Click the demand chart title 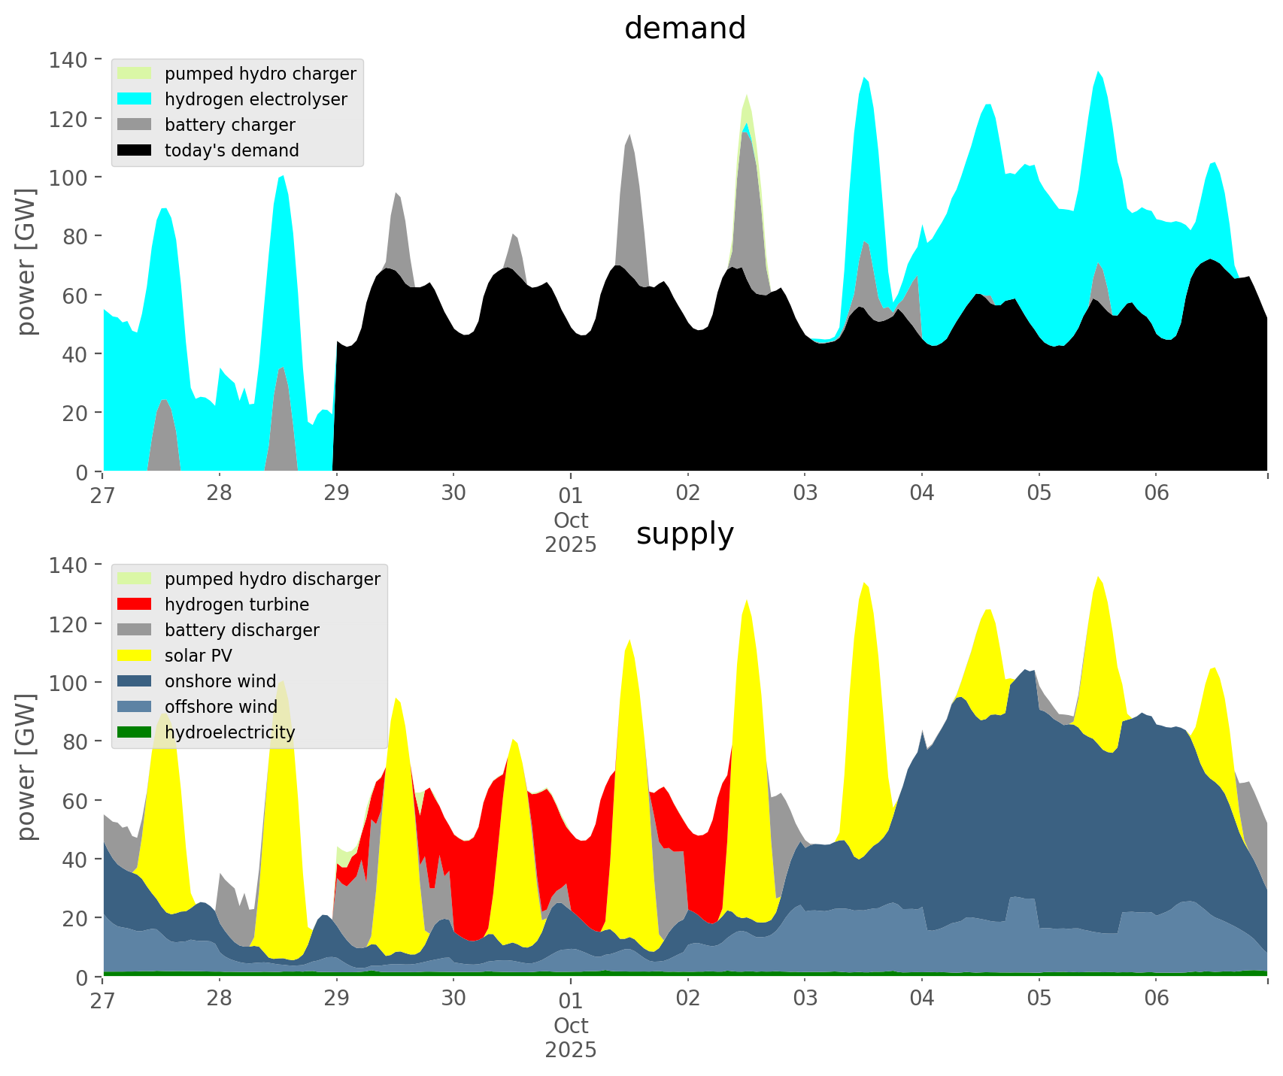(684, 29)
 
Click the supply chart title (684, 534)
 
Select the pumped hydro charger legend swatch (135, 74)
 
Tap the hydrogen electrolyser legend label (256, 99)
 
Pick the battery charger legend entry (229, 125)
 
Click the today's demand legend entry (232, 150)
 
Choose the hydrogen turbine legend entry (236, 605)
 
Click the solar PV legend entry (198, 656)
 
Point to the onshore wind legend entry (220, 681)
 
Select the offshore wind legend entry (220, 707)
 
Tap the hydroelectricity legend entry (229, 732)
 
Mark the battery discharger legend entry (241, 630)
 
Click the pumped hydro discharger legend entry (272, 579)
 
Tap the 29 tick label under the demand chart (336, 493)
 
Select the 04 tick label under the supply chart (921, 999)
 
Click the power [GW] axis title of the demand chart (26, 262)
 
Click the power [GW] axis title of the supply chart (26, 767)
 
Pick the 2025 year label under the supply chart (571, 1050)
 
